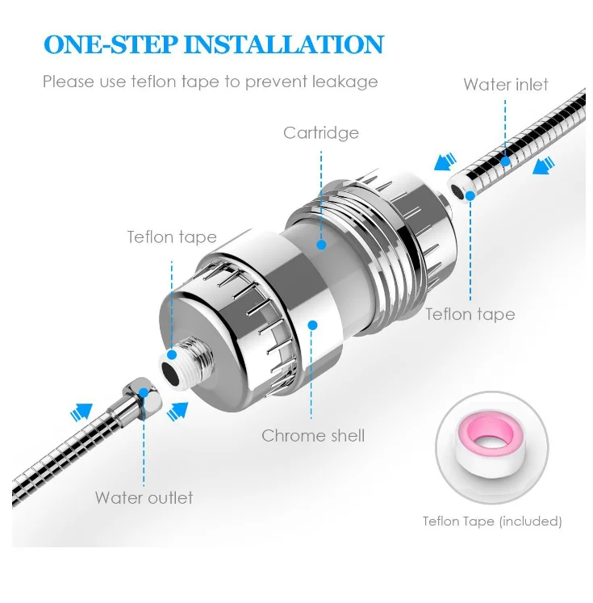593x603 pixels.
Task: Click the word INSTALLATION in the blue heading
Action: click(284, 44)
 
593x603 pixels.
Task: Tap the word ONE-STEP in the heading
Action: click(111, 44)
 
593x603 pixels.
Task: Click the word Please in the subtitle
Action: click(69, 82)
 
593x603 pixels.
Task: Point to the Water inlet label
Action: click(506, 84)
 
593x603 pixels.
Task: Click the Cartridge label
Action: click(321, 133)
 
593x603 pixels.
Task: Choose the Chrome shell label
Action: click(313, 436)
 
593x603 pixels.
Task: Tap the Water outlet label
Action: click(144, 497)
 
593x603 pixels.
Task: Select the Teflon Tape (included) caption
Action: click(492, 521)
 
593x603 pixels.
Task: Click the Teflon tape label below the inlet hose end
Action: click(470, 315)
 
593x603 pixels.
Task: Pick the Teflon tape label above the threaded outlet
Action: click(172, 237)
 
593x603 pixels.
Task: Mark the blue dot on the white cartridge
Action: click(321, 245)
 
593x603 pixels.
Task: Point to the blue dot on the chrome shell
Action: click(312, 325)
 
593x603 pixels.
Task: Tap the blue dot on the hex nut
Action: click(144, 392)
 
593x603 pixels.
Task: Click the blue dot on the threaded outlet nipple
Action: click(172, 355)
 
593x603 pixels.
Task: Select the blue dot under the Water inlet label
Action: click(505, 161)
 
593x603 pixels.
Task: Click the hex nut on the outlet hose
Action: click(142, 394)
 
